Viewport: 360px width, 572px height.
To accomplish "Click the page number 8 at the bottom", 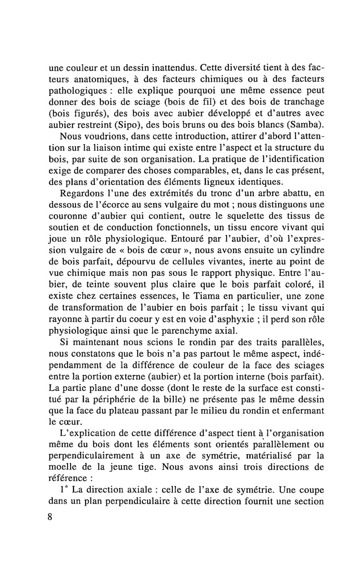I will (x=49, y=517).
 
